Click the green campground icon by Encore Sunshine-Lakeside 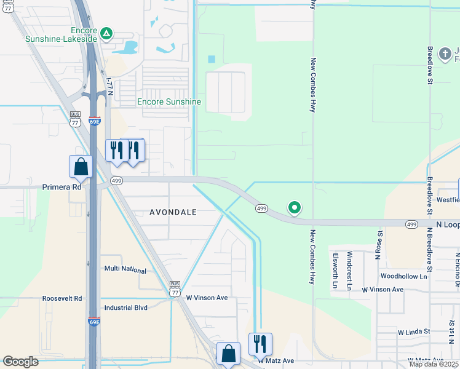tap(106, 33)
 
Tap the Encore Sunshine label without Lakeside tap(169, 101)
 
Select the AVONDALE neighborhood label tap(173, 212)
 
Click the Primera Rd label tap(61, 187)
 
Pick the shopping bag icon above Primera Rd tap(81, 167)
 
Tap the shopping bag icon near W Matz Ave tap(228, 354)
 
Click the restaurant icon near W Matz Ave tap(260, 344)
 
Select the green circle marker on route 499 tap(295, 208)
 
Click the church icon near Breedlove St tap(445, 54)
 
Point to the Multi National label tap(125, 270)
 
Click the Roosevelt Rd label tap(62, 298)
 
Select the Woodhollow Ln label tap(403, 277)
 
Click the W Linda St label tap(414, 331)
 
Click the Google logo tap(21, 362)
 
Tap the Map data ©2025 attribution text tap(434, 364)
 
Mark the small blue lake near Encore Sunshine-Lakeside tap(130, 47)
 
